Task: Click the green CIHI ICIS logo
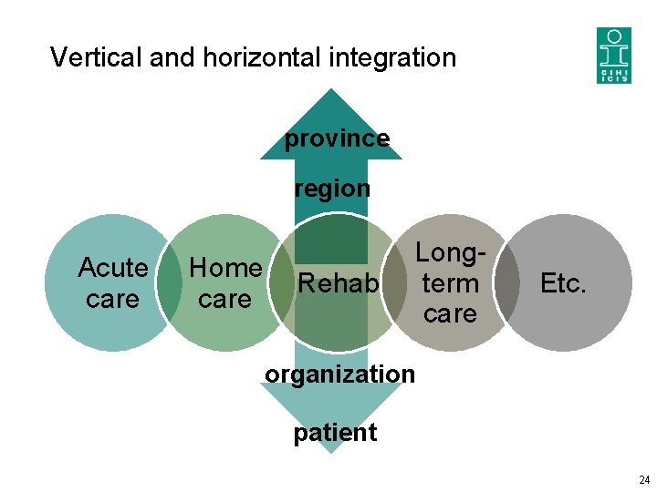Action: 613,55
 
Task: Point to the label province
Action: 337,138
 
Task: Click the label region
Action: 331,189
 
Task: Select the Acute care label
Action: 112,283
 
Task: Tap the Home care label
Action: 225,283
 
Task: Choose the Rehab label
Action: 338,284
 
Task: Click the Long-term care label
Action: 450,283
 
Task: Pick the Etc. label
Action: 562,283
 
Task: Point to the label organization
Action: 339,374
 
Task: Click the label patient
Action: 335,432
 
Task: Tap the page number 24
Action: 644,480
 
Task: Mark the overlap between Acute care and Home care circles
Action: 170,283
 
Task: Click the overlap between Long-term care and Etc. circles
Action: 506,283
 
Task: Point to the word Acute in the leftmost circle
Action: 112,268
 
